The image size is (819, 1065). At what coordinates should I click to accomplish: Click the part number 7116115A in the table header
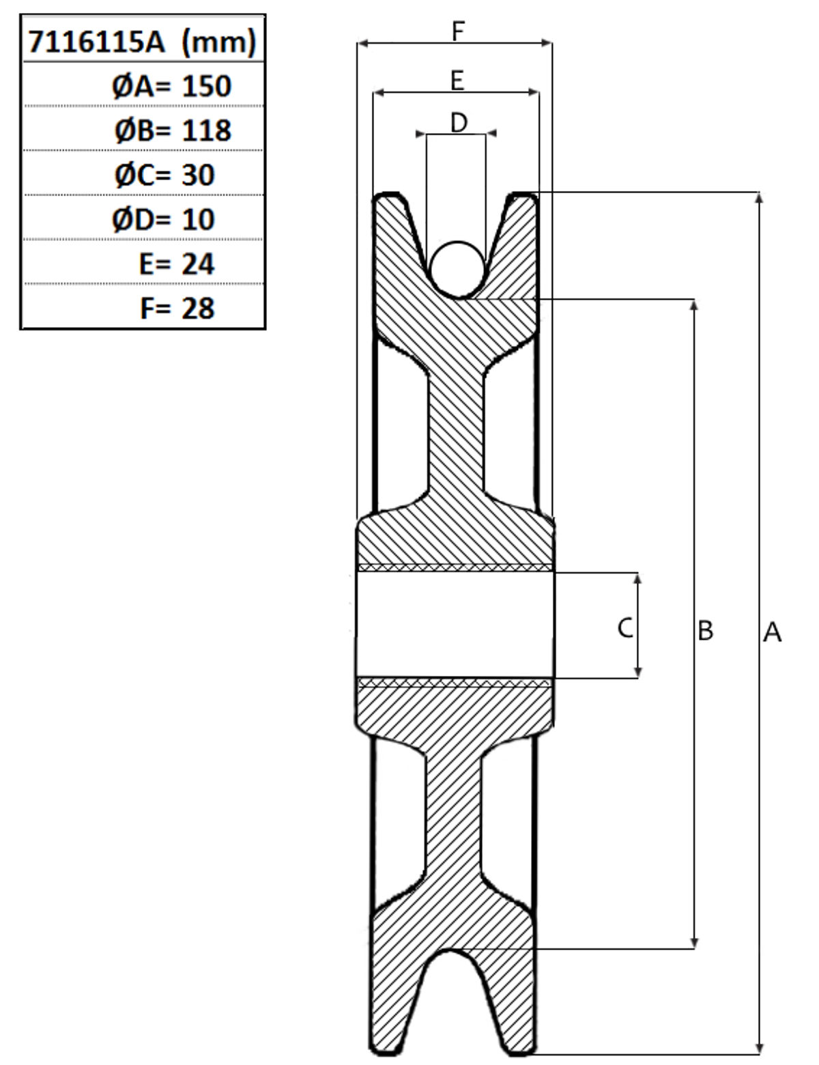coord(96,42)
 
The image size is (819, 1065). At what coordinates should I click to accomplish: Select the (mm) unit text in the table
coord(218,42)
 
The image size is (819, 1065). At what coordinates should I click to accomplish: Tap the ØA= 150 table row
coord(171,86)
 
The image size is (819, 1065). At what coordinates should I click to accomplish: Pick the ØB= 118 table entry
coord(173,131)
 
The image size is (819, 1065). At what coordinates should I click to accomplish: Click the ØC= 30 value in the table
coord(164,175)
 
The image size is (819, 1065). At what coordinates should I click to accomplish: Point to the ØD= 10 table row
coord(163,220)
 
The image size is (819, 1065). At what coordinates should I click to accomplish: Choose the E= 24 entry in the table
coord(177,264)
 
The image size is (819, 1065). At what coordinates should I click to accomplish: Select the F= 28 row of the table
coord(177,309)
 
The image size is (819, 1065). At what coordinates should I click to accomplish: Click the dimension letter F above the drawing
coord(458,31)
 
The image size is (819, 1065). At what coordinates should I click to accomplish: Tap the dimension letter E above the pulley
coord(457,81)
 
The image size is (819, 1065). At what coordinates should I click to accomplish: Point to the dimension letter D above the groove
coord(459,122)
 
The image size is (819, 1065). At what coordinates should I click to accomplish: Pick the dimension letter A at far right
coord(773,632)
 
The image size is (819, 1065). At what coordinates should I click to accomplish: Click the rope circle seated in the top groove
coord(457,270)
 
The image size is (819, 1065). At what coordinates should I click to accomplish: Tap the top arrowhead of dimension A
coord(759,198)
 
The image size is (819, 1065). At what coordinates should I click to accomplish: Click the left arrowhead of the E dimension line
coord(379,92)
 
